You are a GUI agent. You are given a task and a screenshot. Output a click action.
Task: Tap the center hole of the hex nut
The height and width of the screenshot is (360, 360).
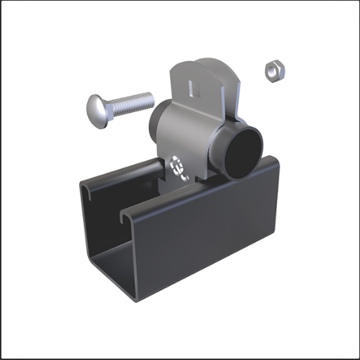pyautogui.click(x=274, y=69)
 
